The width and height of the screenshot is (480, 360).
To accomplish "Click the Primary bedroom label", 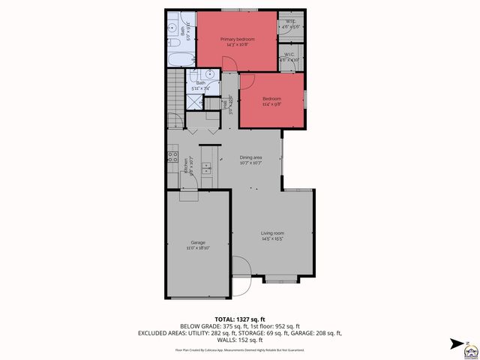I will coord(236,38).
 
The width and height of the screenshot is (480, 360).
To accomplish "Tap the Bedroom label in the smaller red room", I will coord(271,99).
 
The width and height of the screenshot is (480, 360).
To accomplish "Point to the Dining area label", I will coord(250,157).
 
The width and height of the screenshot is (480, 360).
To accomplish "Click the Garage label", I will coord(198,242).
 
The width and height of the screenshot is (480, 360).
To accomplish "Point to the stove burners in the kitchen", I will coord(172,157).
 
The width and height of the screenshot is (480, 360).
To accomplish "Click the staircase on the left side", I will coord(174,90).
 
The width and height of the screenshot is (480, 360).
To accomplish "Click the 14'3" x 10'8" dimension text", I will coord(236,44).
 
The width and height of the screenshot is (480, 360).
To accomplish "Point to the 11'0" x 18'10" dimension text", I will coord(198,247).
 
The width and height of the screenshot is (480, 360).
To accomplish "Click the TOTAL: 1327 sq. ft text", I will coord(239,319).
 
